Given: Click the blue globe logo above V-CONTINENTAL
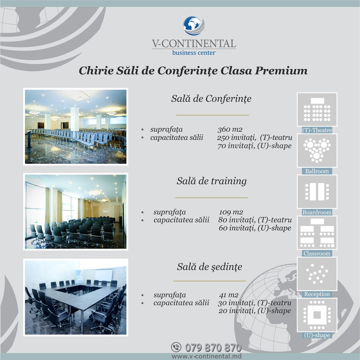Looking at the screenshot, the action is [194, 26].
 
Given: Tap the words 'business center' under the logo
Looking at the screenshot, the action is [194, 53].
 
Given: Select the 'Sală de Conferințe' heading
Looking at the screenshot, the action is [211, 99].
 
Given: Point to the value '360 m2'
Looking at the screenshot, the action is [230, 129].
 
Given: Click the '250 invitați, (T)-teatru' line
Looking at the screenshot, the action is [255, 137].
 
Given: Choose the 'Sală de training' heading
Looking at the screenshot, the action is [212, 181].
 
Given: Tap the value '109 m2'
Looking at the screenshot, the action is [231, 212].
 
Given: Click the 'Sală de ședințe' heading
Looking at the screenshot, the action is [210, 267].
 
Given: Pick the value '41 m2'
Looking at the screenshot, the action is [229, 295].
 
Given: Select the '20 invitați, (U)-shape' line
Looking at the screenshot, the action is [255, 311].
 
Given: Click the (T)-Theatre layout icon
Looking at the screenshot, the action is [317, 110].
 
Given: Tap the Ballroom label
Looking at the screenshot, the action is [317, 171].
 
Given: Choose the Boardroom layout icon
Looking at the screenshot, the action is [317, 192].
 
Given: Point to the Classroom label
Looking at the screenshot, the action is [317, 253].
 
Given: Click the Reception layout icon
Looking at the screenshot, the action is [317, 274].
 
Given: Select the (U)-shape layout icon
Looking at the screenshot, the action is [317, 315].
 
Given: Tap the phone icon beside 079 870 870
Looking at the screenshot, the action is [176, 347].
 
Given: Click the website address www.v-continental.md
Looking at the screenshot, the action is [207, 356].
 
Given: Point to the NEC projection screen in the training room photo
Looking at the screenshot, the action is [106, 211].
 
